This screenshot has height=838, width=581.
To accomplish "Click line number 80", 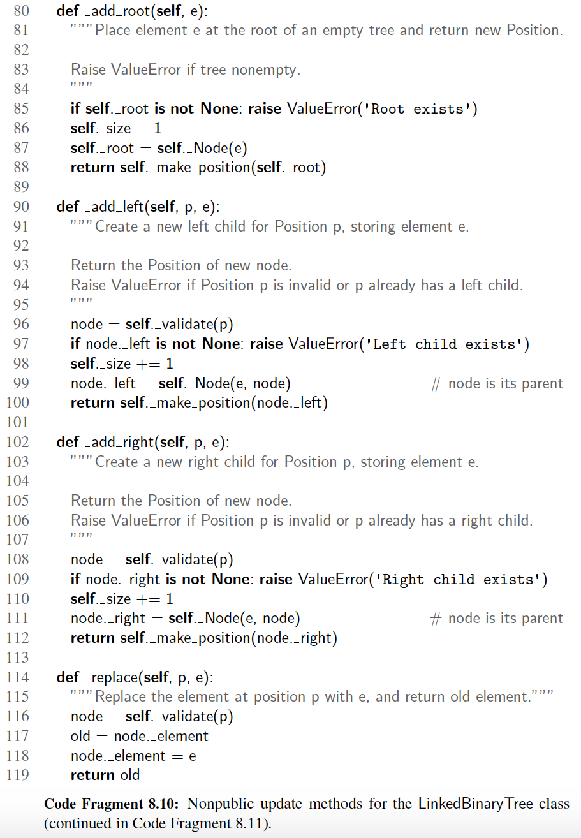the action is tap(21, 11).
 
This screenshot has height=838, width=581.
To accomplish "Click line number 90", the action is tap(21, 207).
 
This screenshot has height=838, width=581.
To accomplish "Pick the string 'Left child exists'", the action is tap(444, 344).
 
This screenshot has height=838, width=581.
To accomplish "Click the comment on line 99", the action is tap(497, 384).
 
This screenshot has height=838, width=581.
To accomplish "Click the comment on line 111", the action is tap(497, 619).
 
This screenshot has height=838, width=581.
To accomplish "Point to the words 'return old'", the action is tap(105, 775).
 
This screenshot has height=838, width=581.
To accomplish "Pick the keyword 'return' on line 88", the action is tap(93, 168).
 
